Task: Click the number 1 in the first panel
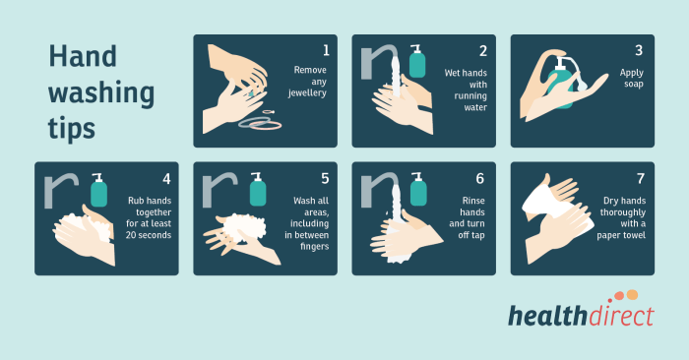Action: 326,50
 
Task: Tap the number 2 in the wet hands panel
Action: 483,50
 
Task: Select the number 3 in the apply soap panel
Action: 639,50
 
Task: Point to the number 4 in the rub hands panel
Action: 166,178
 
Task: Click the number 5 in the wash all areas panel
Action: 325,178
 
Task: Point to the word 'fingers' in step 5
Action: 311,247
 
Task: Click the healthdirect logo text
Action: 580,316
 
